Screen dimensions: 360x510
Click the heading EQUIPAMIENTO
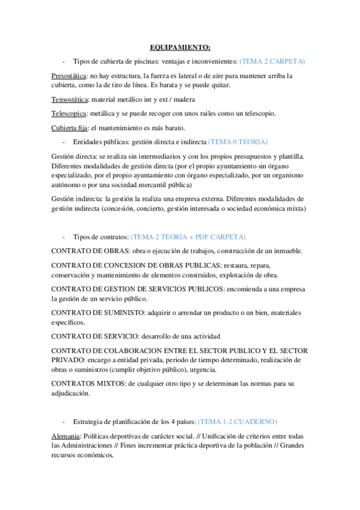pos(180,47)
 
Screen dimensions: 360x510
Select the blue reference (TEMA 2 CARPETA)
pos(272,61)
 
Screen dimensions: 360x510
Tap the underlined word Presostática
pos(69,76)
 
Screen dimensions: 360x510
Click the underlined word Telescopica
pos(69,113)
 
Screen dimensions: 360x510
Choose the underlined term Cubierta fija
pos(70,127)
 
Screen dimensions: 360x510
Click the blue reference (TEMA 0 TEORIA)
pos(237,142)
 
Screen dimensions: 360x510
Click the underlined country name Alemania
pos(66,436)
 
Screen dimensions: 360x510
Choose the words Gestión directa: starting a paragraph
pos(75,156)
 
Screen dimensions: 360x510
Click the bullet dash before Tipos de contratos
pos(64,237)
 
